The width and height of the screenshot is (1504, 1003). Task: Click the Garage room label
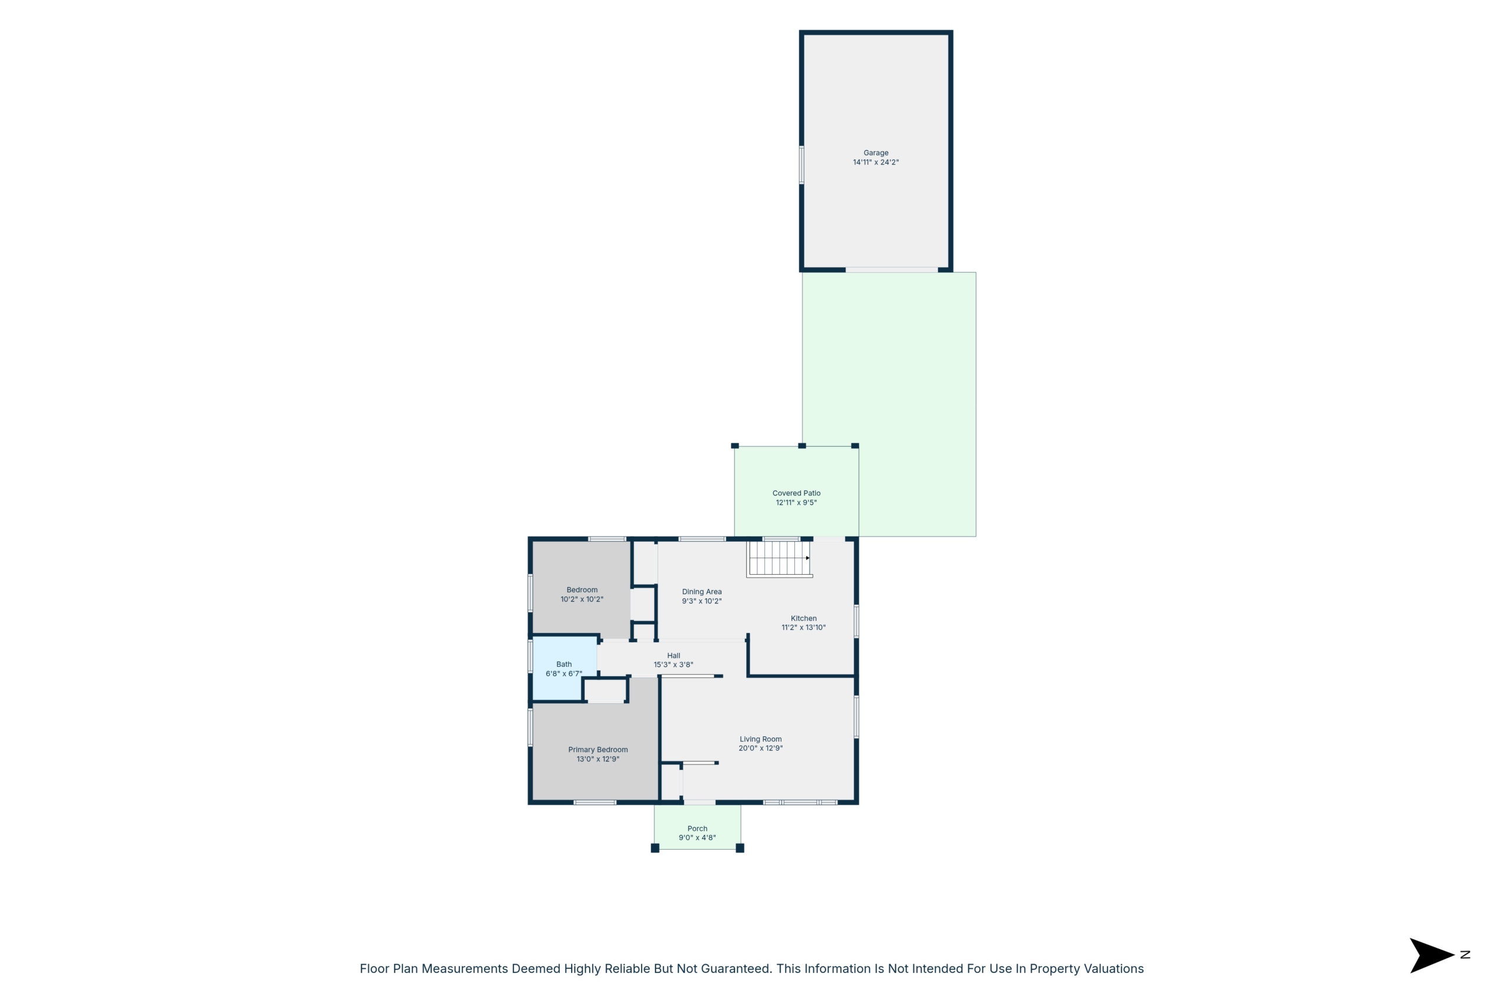click(875, 153)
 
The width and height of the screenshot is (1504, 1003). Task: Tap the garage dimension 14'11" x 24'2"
click(875, 163)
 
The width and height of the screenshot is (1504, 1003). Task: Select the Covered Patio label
click(796, 493)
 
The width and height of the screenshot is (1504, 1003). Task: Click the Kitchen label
click(804, 619)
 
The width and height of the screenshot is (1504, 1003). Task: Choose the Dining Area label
click(701, 592)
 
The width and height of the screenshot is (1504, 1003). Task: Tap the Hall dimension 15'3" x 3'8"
click(673, 665)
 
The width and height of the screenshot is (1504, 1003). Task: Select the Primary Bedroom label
click(598, 750)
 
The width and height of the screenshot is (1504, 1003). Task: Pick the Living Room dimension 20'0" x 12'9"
click(760, 749)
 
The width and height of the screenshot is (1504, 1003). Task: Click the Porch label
click(697, 829)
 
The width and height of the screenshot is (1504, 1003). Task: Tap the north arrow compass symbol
click(1432, 955)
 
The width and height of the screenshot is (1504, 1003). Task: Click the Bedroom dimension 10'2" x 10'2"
click(582, 599)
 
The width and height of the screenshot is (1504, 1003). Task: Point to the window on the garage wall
click(801, 165)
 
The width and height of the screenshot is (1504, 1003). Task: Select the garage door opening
click(891, 270)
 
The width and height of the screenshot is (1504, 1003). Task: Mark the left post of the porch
click(655, 848)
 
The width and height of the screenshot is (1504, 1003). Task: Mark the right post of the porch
click(740, 848)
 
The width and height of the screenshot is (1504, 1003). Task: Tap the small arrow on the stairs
click(808, 558)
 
